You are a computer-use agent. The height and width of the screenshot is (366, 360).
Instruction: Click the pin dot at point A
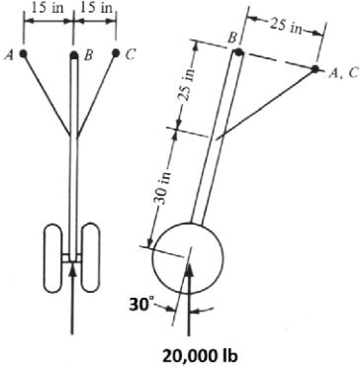23,53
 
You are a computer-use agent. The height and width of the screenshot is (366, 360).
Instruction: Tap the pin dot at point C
116,52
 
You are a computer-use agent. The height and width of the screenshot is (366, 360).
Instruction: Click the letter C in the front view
131,54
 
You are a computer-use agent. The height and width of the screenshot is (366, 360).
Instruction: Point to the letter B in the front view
87,55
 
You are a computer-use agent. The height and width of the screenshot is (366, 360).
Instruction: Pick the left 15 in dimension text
47,8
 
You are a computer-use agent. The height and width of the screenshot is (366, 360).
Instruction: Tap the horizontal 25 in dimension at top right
286,26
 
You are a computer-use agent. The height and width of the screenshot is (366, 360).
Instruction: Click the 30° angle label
139,306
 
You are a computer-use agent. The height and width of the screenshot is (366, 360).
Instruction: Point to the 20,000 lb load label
200,356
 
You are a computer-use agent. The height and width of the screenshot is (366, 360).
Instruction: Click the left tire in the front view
53,258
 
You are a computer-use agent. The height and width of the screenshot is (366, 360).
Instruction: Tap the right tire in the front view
91,258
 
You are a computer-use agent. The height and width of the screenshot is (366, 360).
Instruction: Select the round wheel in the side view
188,257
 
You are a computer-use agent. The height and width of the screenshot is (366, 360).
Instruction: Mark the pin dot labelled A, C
315,69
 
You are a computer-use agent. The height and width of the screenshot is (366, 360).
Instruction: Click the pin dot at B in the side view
239,52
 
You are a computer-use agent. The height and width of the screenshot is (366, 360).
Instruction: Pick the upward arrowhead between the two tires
73,268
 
